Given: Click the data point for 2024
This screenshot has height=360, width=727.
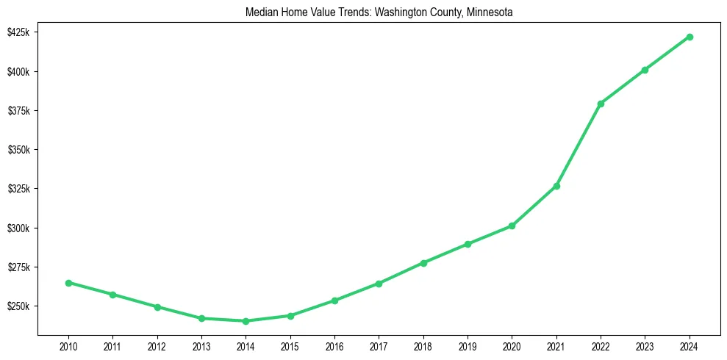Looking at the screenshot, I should pos(690,37).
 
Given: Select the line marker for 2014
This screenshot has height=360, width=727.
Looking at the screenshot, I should pos(246,321).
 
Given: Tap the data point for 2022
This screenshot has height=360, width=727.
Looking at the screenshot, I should pos(601,104).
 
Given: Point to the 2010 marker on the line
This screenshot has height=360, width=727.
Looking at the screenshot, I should pos(68,283).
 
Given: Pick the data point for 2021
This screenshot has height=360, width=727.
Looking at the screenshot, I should pos(556,186).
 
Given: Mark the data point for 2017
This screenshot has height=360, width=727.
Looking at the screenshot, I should pos(379,284).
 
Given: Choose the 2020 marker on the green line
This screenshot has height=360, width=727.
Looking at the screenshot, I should pos(512,226).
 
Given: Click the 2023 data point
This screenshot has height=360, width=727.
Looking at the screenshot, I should pos(645,70).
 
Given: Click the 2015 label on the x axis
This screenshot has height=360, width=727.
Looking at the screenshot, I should pos(290,345).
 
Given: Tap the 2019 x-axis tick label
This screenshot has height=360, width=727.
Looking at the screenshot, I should pos(468,345).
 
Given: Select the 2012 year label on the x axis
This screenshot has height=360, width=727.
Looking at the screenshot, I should pos(157,345).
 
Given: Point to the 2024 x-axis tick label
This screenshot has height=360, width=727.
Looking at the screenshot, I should pos(690,345).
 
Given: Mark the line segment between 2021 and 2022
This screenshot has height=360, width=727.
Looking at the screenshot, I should pos(579,145).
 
